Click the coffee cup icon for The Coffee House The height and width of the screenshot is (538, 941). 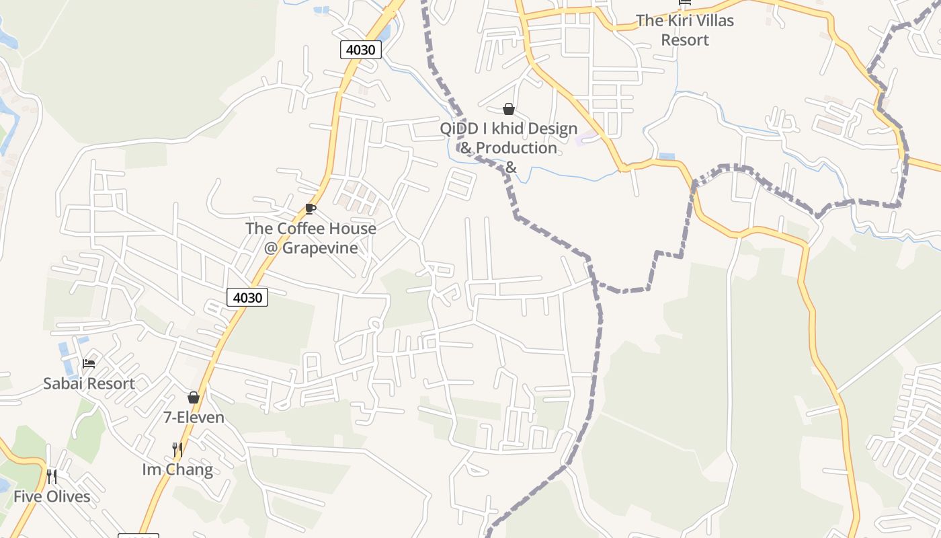tap(310, 208)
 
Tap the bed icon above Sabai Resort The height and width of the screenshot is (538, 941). tap(89, 364)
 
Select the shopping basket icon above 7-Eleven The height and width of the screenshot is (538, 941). tap(194, 397)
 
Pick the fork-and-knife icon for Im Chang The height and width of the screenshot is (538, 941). tap(177, 449)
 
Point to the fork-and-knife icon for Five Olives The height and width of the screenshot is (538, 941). tap(52, 477)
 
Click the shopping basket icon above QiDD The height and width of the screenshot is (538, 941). tap(509, 109)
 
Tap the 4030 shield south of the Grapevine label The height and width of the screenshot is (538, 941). tap(247, 297)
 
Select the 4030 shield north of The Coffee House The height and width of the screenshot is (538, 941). tap(361, 49)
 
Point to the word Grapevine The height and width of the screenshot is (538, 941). tap(319, 247)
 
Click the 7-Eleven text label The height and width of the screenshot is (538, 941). tap(194, 418)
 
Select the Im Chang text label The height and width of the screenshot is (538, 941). tap(177, 469)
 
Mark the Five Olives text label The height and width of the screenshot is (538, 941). tap(52, 497)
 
